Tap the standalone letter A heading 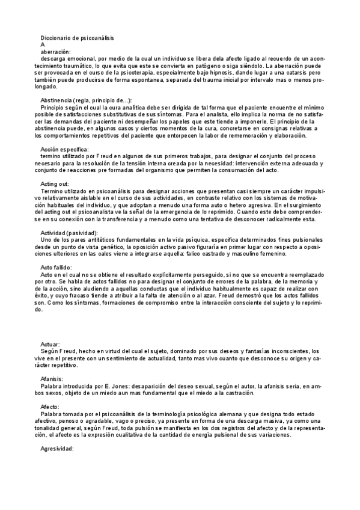pos(43,45)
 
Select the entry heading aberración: pos(56,52)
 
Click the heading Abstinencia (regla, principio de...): pos(85,100)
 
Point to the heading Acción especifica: pos(64,149)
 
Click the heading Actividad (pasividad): pos(69,233)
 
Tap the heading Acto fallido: pos(56,267)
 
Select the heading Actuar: pos(51,344)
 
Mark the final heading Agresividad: pos(57,449)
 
